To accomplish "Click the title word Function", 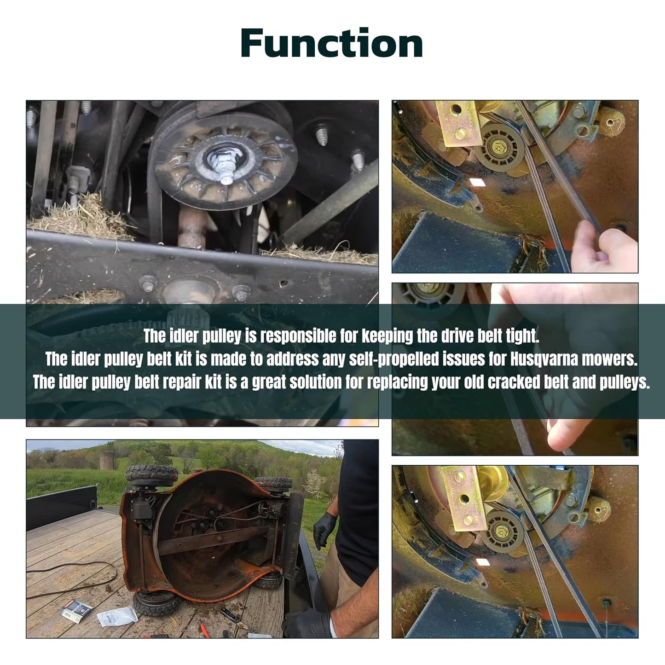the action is point(332,43).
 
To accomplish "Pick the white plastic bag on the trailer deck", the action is point(117,617).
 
